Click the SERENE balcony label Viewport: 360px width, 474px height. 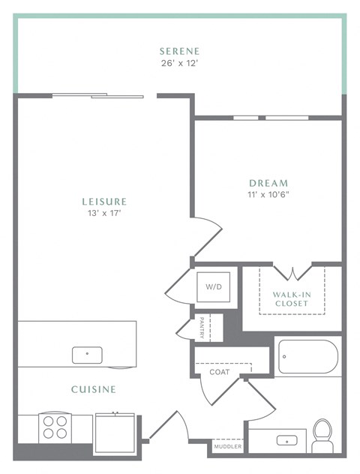(179, 51)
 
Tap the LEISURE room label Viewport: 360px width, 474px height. (104, 201)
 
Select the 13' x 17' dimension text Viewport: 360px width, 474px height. (104, 213)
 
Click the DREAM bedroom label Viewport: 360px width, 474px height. (268, 183)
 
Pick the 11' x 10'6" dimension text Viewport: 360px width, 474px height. (268, 195)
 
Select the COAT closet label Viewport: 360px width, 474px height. (219, 371)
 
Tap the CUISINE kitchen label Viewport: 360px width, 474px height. (93, 389)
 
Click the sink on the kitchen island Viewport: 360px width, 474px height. (87, 354)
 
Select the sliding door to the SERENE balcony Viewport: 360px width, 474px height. (97, 95)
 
